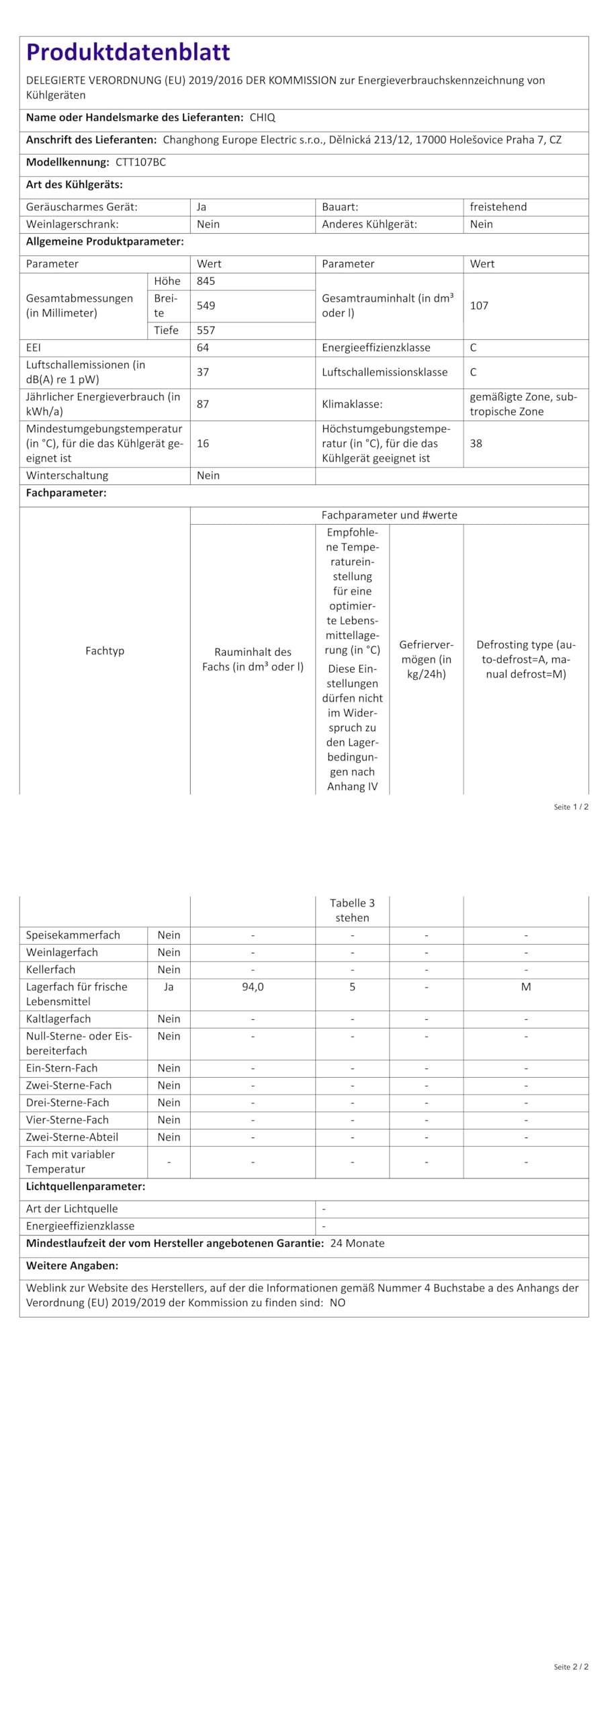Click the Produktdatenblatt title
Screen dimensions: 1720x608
128,52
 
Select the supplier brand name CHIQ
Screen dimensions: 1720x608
263,118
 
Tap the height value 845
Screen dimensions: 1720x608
206,282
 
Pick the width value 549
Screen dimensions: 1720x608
206,306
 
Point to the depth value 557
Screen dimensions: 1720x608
206,331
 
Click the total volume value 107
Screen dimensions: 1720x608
479,306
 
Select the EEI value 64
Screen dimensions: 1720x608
203,348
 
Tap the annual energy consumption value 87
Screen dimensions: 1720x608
203,404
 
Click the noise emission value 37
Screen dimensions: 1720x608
203,372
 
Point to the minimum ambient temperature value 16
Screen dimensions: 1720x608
203,443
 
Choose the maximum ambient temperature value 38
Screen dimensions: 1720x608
476,443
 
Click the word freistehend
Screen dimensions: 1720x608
498,207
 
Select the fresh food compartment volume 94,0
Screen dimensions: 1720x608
253,987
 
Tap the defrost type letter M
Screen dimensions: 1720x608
526,987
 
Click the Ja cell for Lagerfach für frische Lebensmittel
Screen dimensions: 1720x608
169,987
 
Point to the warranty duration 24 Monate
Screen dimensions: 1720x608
357,1244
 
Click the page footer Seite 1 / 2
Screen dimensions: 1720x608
571,807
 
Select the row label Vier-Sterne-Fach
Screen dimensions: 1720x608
67,1120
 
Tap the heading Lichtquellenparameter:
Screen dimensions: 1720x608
85,1187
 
